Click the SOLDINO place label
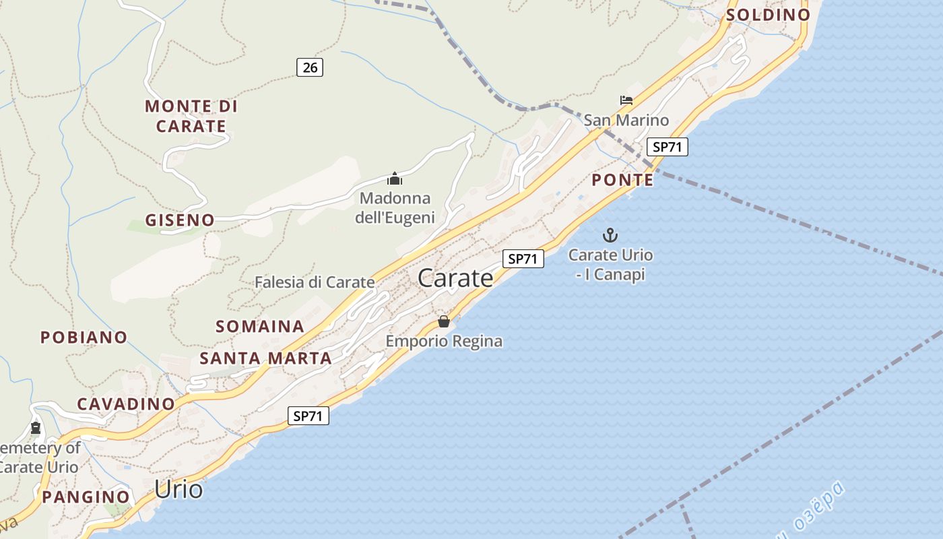click(x=768, y=15)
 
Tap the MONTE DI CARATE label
click(x=191, y=116)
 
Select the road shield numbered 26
click(x=310, y=67)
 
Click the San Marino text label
click(x=626, y=121)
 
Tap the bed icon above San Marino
click(x=626, y=100)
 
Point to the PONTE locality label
click(x=622, y=180)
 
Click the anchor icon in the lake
click(x=610, y=235)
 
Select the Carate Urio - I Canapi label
click(x=610, y=265)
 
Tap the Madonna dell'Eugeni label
click(x=395, y=208)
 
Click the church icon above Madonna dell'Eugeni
click(x=395, y=179)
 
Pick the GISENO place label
click(x=180, y=220)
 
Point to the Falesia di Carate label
click(x=315, y=282)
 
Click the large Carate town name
click(x=455, y=278)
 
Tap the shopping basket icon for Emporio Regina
click(x=443, y=321)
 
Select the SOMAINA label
click(x=260, y=326)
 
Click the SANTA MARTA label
click(x=266, y=358)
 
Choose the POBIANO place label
click(x=84, y=337)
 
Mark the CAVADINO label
click(x=126, y=404)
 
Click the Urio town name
click(x=178, y=489)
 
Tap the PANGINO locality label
click(x=86, y=497)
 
